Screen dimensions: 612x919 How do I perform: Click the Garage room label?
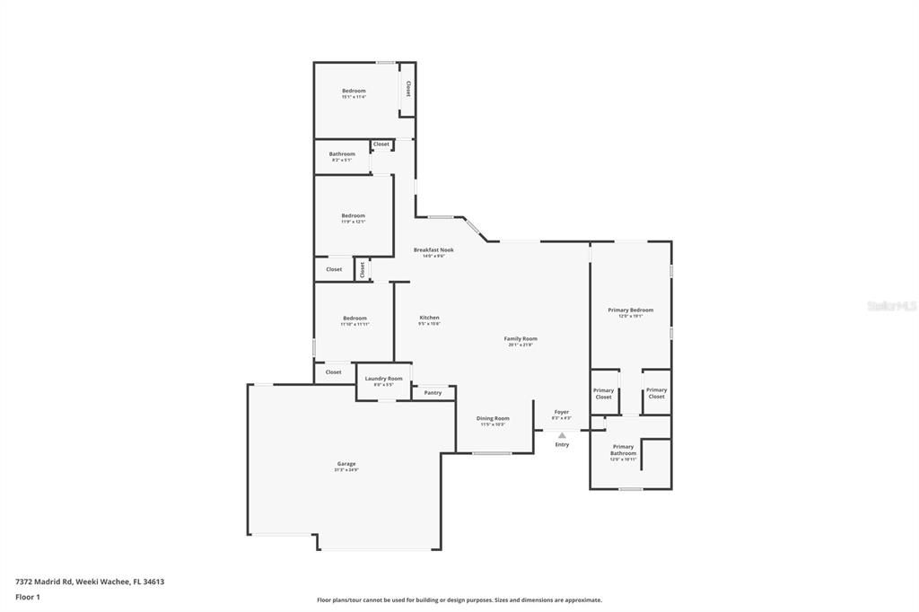click(x=346, y=464)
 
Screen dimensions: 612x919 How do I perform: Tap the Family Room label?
click(x=521, y=339)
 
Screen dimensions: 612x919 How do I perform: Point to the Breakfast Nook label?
click(x=433, y=250)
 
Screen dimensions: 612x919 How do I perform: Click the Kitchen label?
click(x=429, y=318)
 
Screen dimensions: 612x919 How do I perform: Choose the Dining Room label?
click(x=493, y=418)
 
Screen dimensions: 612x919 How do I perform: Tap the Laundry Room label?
click(x=383, y=379)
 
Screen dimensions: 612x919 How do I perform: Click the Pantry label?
click(x=433, y=393)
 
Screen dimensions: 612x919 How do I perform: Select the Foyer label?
click(x=561, y=412)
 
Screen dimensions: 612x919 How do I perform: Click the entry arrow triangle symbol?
click(x=562, y=435)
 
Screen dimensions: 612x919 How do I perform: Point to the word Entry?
click(x=562, y=445)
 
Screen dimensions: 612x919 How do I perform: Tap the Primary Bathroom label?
click(x=623, y=450)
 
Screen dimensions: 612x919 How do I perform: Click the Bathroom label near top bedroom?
click(x=342, y=154)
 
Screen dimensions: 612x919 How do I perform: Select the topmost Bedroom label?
click(x=354, y=91)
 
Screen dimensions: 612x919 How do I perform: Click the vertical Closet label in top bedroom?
click(x=408, y=89)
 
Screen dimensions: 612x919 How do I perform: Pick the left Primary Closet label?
click(x=603, y=393)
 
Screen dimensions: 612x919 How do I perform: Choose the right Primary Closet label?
click(x=656, y=393)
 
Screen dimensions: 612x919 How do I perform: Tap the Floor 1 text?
click(x=28, y=597)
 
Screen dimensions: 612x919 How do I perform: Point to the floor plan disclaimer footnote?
click(x=459, y=600)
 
